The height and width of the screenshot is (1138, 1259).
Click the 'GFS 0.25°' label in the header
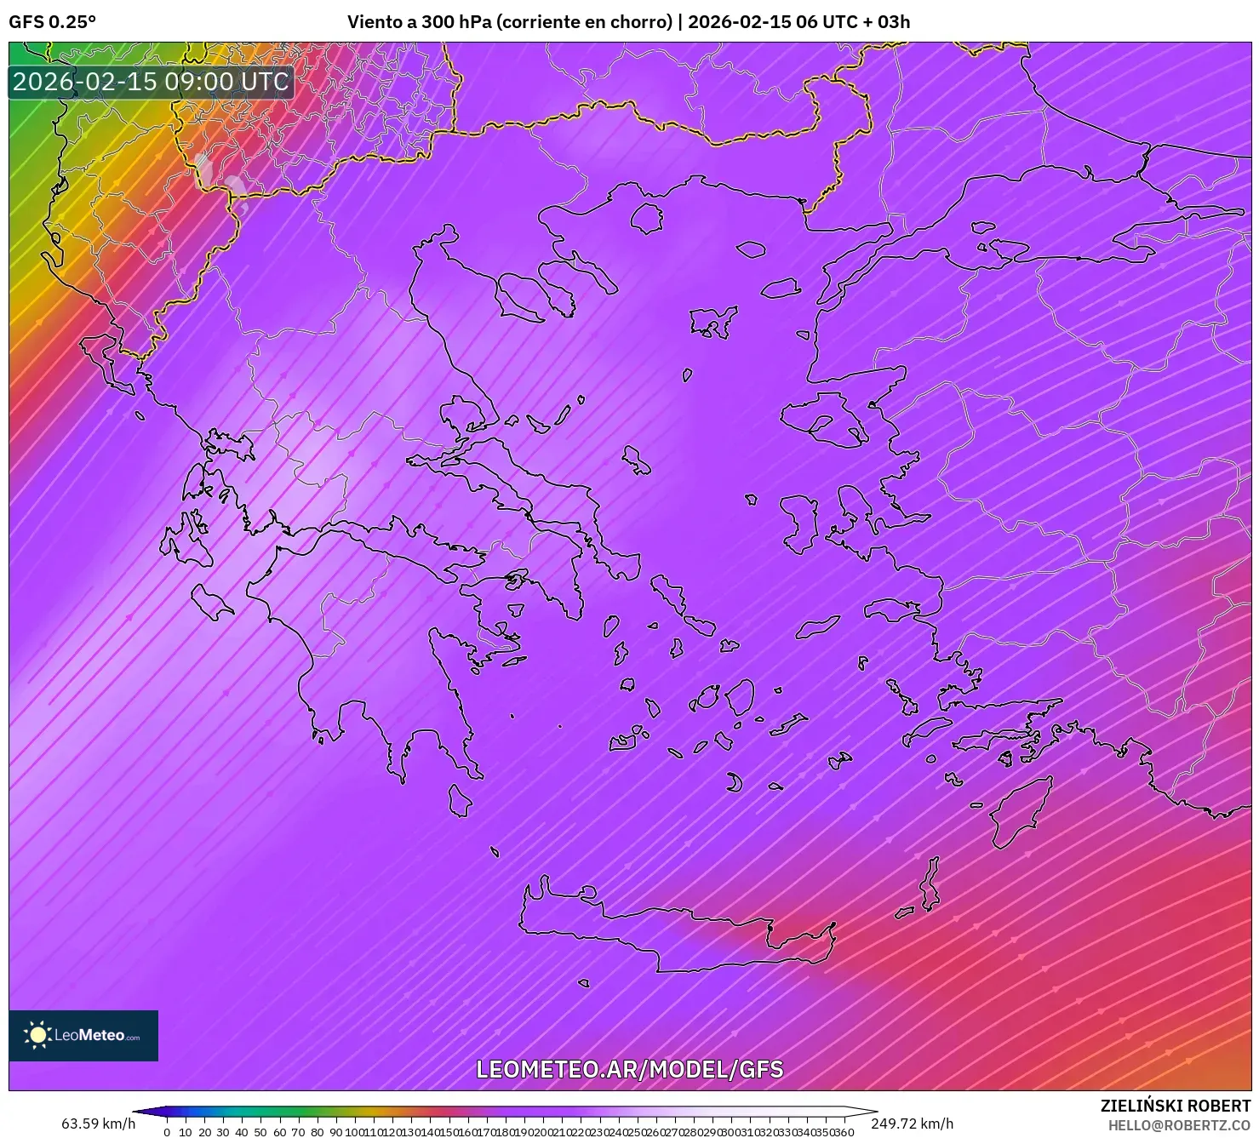[52, 22]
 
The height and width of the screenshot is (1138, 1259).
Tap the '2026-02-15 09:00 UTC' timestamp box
[151, 82]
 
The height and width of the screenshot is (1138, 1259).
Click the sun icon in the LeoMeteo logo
[37, 1035]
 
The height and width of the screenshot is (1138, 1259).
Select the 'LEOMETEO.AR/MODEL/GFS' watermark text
[629, 1069]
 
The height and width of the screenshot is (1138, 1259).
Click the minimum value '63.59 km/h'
[98, 1124]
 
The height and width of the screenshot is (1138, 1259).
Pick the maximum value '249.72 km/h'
[912, 1124]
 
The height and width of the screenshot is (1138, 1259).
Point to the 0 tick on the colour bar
[167, 1131]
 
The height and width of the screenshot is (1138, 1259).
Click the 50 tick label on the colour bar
[260, 1131]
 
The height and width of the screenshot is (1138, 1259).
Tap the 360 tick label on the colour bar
[844, 1131]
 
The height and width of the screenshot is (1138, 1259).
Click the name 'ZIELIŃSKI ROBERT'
[1175, 1106]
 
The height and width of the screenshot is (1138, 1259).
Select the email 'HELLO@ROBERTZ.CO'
[1179, 1125]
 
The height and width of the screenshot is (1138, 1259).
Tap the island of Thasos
[647, 218]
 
